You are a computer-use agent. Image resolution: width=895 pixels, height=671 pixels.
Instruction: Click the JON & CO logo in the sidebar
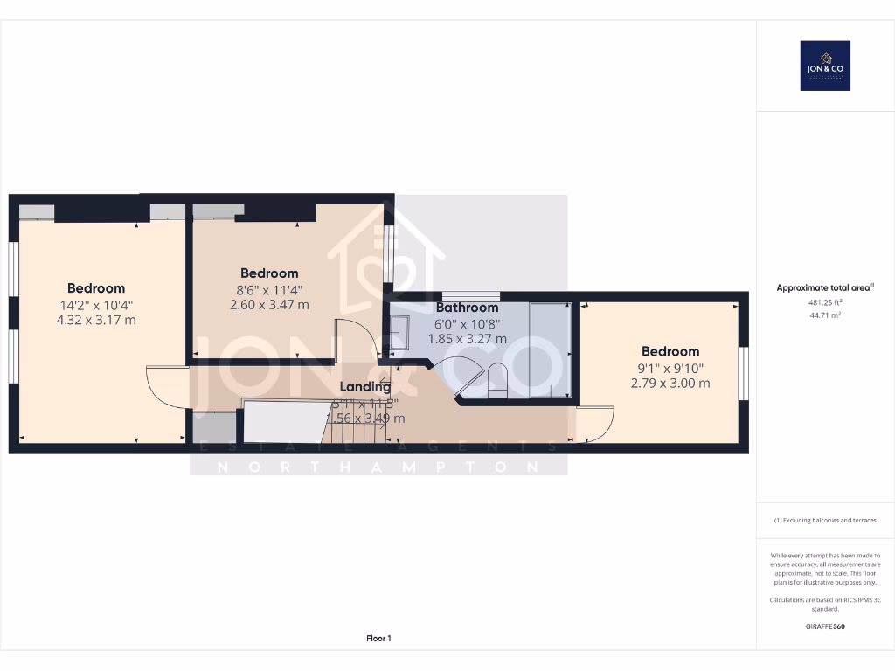(825, 66)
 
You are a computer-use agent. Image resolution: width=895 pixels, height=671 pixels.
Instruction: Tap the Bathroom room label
(467, 308)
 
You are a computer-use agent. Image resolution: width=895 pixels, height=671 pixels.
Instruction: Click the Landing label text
(365, 387)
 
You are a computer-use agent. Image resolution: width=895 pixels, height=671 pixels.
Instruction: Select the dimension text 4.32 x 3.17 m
(96, 320)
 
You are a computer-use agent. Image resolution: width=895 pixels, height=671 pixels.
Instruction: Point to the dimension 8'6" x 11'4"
(268, 289)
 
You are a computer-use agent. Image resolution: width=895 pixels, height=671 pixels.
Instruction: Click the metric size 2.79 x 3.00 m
(670, 383)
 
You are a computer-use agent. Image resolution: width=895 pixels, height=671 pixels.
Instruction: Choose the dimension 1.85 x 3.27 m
(467, 339)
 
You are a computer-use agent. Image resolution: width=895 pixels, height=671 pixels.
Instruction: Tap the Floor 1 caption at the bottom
(378, 639)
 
